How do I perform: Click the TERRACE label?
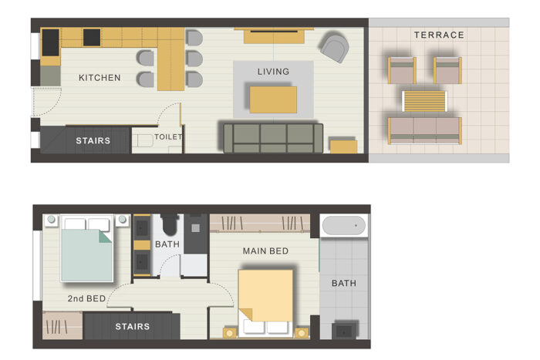(x=439, y=35)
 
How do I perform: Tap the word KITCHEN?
(x=100, y=78)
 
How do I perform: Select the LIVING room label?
(x=273, y=72)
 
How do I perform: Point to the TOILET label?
(x=168, y=137)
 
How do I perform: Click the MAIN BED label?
(x=265, y=251)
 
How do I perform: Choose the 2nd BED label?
(x=86, y=298)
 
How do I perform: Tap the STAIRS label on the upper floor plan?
(x=93, y=140)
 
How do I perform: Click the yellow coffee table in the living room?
(x=273, y=99)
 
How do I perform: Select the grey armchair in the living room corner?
(x=334, y=47)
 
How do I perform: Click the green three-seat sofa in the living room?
(x=273, y=138)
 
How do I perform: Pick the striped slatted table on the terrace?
(x=424, y=101)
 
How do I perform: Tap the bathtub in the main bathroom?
(x=344, y=225)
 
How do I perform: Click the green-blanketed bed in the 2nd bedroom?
(x=86, y=248)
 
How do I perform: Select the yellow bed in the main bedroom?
(x=265, y=303)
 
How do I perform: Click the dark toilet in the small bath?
(x=169, y=224)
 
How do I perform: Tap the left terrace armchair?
(x=402, y=71)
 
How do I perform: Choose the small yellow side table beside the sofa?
(x=343, y=145)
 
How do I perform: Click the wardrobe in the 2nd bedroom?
(x=62, y=325)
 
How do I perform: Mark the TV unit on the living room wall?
(x=274, y=35)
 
